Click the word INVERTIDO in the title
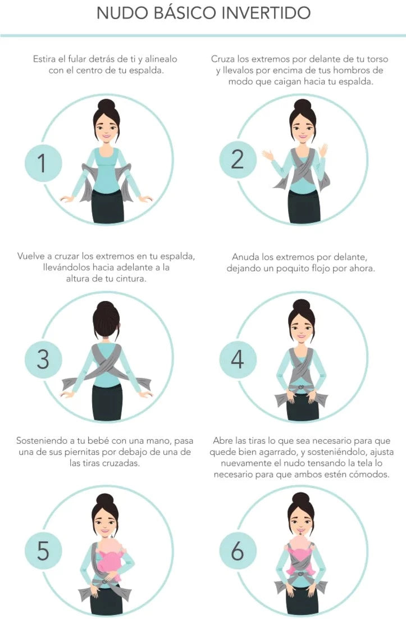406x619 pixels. pos(266,13)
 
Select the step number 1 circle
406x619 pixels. pos(43,163)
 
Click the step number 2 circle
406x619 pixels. pos(238,160)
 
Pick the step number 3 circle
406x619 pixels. pos(43,359)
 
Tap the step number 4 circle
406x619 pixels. pos(238,359)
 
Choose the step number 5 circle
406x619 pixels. pos(43,551)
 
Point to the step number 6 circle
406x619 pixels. pos(238,551)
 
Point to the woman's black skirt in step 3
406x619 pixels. pos(107,403)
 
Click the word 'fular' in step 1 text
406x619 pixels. pos(76,59)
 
